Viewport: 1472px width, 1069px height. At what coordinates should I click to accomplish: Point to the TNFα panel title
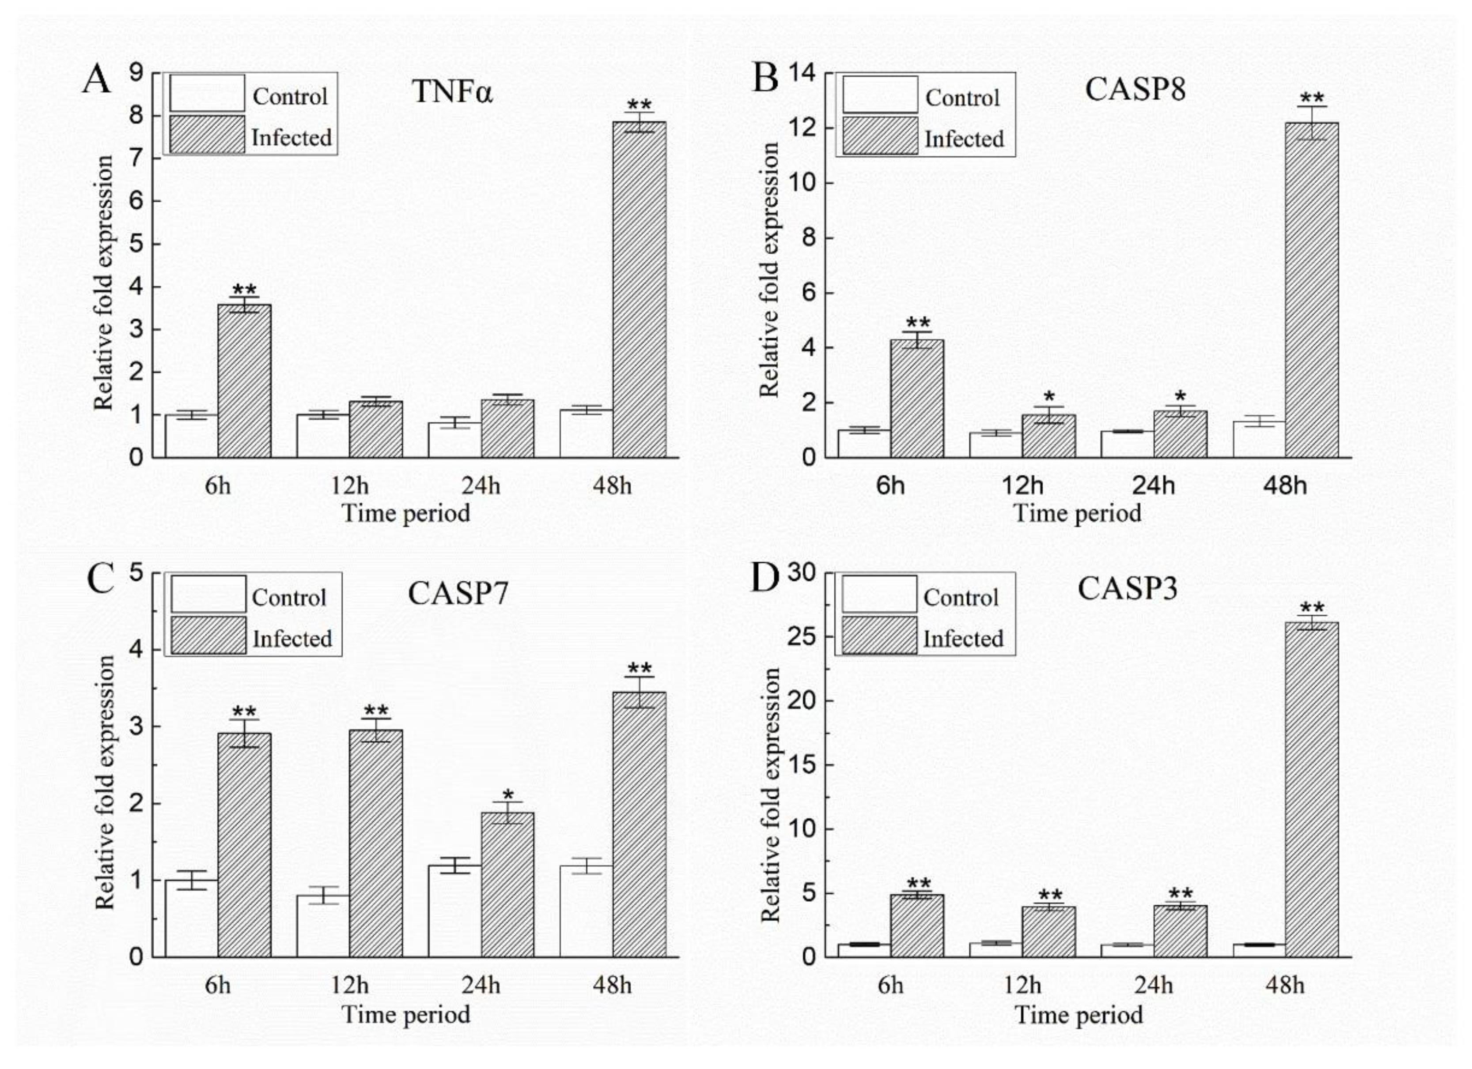click(x=452, y=91)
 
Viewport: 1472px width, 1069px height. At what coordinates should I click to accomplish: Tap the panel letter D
click(x=764, y=578)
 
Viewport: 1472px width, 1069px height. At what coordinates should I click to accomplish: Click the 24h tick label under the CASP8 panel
click(x=1153, y=485)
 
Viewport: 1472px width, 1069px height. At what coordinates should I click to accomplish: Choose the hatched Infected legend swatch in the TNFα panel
click(x=208, y=134)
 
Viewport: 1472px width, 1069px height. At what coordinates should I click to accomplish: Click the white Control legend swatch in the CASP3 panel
click(x=879, y=594)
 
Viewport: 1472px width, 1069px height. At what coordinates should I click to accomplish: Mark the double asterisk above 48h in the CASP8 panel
click(x=1312, y=98)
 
